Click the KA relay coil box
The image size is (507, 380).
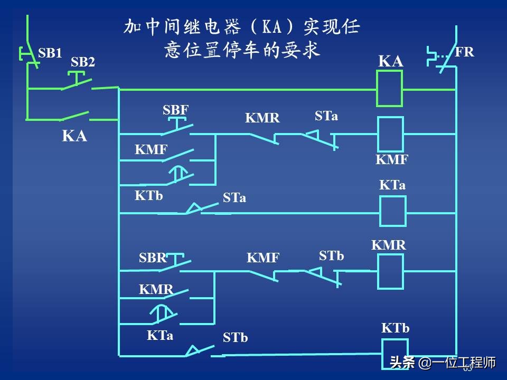(x=389, y=88)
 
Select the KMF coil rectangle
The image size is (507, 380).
(x=390, y=134)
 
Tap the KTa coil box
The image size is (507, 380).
(x=393, y=211)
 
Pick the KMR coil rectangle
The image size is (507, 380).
(x=390, y=271)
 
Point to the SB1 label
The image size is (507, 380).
(x=50, y=53)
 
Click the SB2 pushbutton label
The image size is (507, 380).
(x=83, y=62)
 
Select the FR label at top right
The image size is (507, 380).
(x=464, y=52)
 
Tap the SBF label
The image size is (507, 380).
(x=175, y=110)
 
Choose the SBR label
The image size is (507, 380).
(x=153, y=258)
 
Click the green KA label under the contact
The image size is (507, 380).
(x=74, y=136)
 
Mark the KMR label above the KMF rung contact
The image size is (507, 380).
(x=262, y=118)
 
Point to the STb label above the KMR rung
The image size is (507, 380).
(x=331, y=256)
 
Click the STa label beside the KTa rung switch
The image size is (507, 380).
(x=234, y=198)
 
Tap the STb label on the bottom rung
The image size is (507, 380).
(x=235, y=338)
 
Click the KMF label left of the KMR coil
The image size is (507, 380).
(x=263, y=258)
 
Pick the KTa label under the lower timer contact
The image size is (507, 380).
(x=159, y=335)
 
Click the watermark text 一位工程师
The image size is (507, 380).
(x=464, y=363)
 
